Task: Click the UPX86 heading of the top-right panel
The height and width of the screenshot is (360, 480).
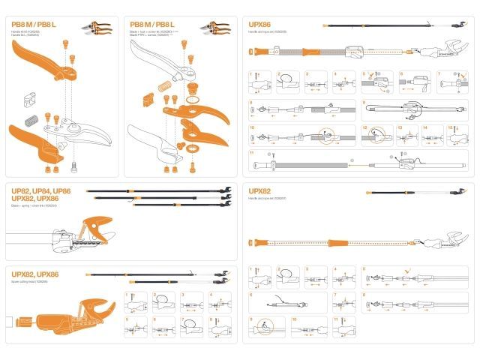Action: (262, 25)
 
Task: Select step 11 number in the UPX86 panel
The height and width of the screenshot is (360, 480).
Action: (251, 152)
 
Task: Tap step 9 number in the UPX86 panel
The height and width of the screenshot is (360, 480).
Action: (251, 101)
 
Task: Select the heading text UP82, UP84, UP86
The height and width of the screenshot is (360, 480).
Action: (41, 191)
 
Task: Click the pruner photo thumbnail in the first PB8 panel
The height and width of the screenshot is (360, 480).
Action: (97, 28)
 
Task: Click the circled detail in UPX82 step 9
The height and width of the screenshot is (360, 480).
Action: (265, 328)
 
